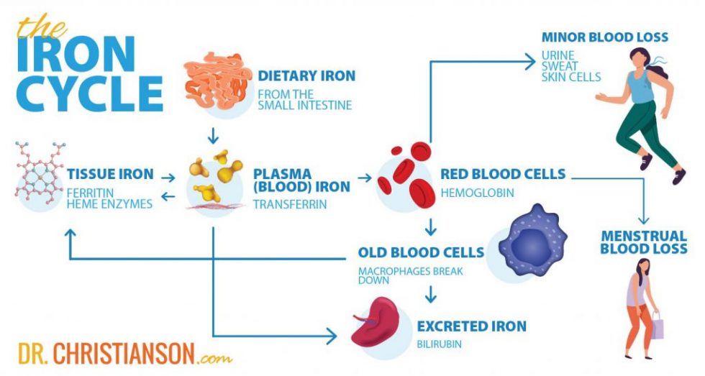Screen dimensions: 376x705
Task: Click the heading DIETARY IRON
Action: (x=306, y=76)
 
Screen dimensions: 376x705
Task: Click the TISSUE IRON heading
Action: (x=109, y=174)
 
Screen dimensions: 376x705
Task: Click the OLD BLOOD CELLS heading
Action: (x=421, y=253)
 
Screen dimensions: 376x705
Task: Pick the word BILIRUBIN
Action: (x=440, y=344)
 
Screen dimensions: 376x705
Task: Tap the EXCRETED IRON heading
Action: (x=471, y=326)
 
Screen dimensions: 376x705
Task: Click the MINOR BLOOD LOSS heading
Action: (x=605, y=37)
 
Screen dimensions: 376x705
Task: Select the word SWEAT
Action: (x=560, y=65)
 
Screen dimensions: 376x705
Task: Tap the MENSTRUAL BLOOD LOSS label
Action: (x=643, y=242)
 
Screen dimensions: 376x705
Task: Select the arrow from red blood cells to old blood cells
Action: (x=430, y=228)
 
